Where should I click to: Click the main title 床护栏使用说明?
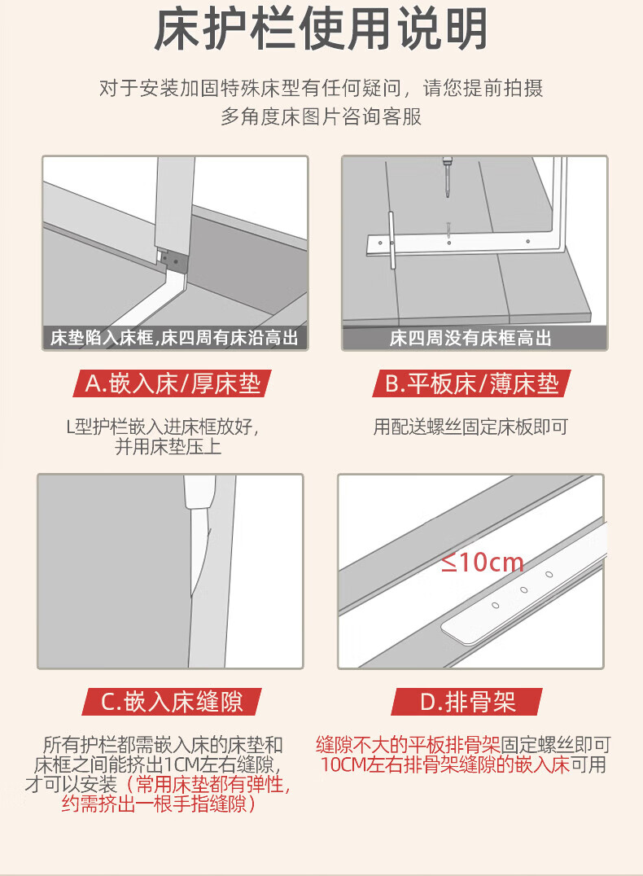[x=321, y=29]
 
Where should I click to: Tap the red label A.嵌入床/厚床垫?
[x=172, y=383]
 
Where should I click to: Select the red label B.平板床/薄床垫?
[x=471, y=383]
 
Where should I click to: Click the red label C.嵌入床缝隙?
[x=172, y=702]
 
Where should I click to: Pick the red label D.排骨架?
[x=467, y=702]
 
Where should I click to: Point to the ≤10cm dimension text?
[x=483, y=562]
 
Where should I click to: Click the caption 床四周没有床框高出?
[x=471, y=338]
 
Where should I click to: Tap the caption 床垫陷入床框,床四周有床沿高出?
[x=174, y=338]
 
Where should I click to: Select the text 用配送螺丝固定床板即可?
[x=470, y=427]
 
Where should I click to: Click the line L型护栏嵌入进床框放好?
[x=162, y=427]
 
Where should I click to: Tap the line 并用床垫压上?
[x=168, y=447]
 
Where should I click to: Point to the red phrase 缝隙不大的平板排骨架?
[x=408, y=745]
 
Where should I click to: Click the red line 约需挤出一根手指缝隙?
[x=159, y=804]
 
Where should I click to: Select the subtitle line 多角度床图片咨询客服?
[x=321, y=116]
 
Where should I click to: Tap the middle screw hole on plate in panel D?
[x=523, y=590]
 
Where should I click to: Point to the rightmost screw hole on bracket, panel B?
[x=528, y=242]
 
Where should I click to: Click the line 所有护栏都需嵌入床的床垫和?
[x=163, y=745]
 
